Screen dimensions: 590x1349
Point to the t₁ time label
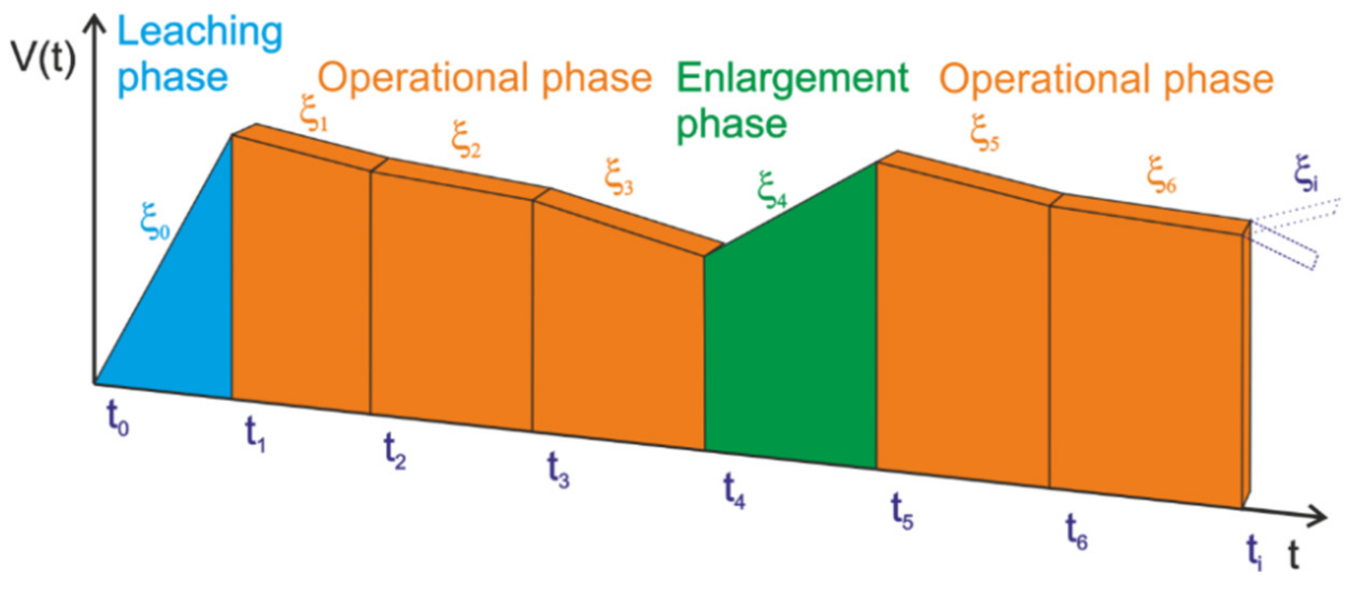[255, 434]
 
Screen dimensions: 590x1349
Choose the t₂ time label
[395, 451]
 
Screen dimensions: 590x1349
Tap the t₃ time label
[558, 470]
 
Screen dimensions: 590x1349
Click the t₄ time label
[734, 490]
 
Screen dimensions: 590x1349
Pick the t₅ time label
[901, 512]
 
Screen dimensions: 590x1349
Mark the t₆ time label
[1076, 532]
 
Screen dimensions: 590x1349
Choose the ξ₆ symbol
[1161, 175]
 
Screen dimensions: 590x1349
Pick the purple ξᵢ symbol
[1305, 174]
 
